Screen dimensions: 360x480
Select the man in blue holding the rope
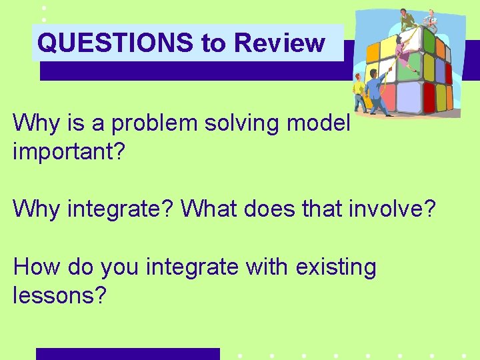(x=377, y=92)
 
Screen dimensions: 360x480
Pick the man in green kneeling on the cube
(x=407, y=19)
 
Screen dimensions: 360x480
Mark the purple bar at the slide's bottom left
(x=127, y=354)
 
